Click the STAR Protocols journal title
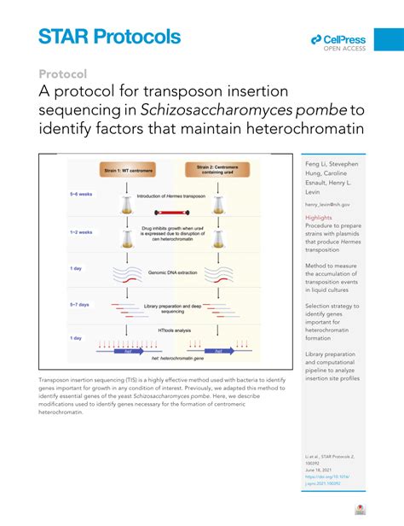click(x=109, y=36)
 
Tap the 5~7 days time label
click(x=81, y=303)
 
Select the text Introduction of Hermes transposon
click(x=173, y=198)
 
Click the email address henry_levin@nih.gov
click(x=327, y=205)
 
